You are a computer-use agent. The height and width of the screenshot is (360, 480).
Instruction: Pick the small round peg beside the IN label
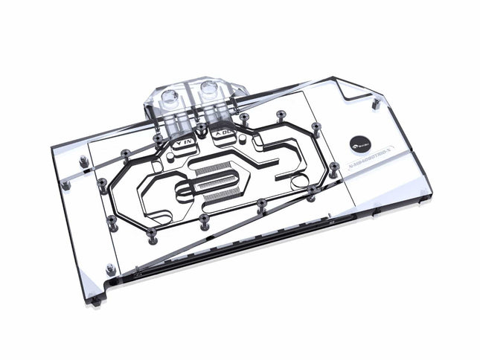pos(158,138)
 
